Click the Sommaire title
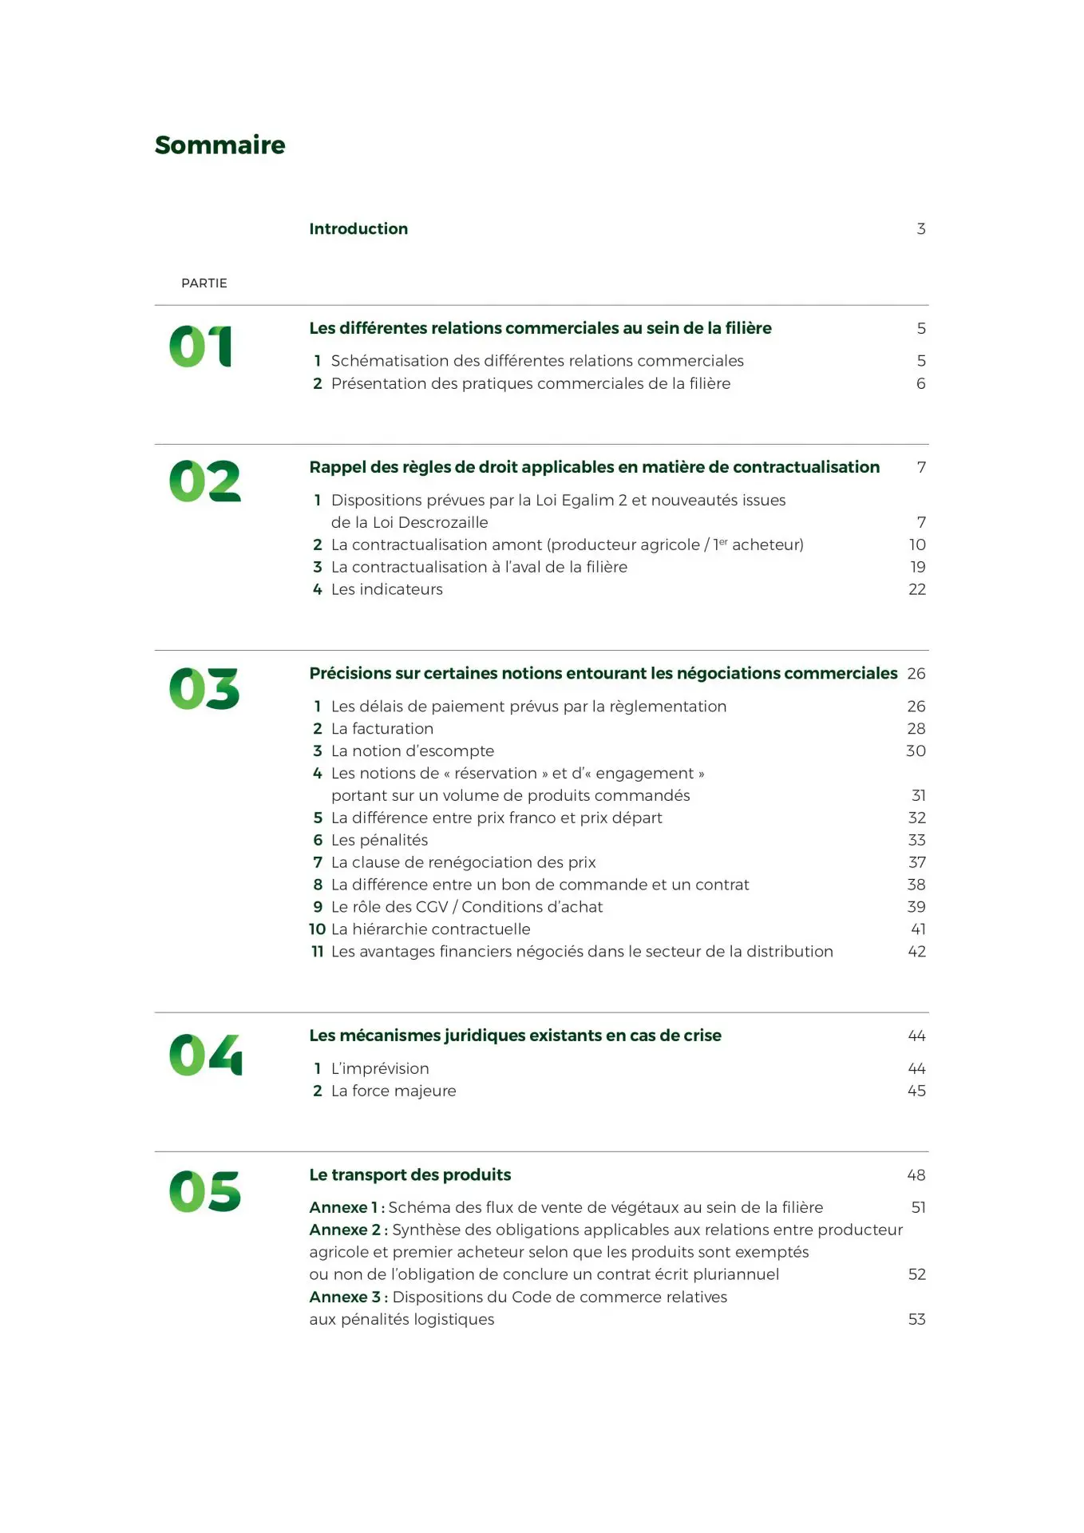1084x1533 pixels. pos(220,145)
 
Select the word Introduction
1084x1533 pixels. pos(358,229)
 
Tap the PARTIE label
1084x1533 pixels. pos(204,283)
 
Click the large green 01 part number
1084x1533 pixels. pos(200,347)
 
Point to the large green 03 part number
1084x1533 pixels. pos(204,689)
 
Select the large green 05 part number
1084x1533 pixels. pos(204,1191)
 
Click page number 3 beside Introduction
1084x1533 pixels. pos(920,229)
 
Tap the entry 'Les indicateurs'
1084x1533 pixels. pos(386,589)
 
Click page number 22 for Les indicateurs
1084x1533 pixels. pos(916,589)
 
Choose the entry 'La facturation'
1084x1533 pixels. pos(382,729)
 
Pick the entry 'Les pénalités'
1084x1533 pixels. pos(379,840)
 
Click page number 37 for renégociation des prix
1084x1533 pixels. pos(916,862)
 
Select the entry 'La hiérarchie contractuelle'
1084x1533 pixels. pos(430,929)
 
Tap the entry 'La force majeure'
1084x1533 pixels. pos(394,1091)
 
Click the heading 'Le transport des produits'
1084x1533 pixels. pos(409,1175)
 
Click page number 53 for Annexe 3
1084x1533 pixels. pos(916,1319)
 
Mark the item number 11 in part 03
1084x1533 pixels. pos(317,952)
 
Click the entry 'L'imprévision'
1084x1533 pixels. pos(380,1068)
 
